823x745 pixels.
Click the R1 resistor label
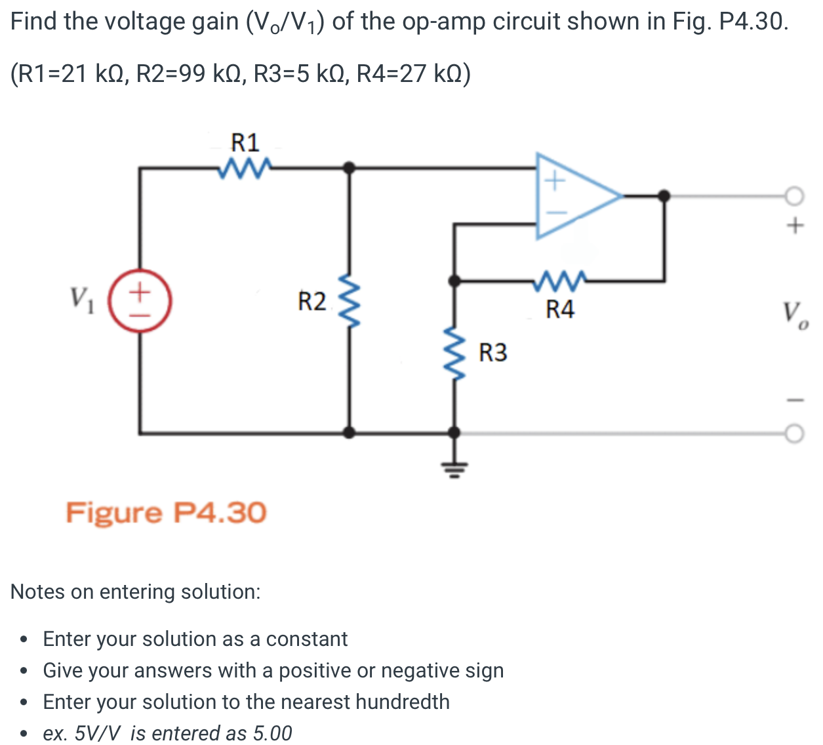(245, 143)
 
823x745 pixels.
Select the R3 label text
(493, 353)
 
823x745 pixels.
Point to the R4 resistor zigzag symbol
(559, 281)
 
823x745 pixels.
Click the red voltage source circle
(140, 301)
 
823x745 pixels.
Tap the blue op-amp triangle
(579, 196)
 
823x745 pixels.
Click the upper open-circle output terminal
(794, 196)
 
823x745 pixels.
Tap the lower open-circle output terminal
(794, 434)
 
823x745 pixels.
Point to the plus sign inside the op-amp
(555, 180)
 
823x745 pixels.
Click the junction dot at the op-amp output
(664, 196)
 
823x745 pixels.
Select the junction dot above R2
(349, 168)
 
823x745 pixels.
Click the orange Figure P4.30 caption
(166, 513)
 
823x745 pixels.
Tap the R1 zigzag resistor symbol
(245, 168)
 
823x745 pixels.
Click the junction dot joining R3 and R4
(454, 281)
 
